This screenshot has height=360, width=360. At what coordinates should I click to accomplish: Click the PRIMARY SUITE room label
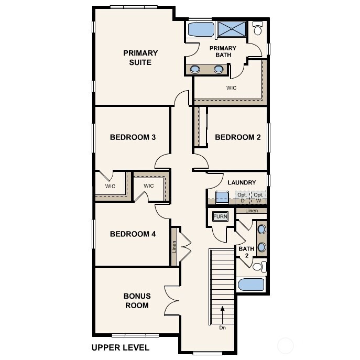coord(140,58)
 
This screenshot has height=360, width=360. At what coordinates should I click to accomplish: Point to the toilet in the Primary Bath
coord(258,29)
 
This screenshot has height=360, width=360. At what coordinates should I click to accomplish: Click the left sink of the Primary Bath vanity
coord(195,69)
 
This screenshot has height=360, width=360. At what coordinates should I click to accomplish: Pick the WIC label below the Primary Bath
coord(231,88)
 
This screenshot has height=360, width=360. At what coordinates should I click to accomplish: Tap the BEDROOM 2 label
coord(238,137)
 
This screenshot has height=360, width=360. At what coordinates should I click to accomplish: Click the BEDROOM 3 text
coord(133,137)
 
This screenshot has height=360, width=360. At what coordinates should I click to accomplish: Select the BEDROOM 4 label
coord(133,234)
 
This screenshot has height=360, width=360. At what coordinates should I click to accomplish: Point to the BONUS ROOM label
coord(136,300)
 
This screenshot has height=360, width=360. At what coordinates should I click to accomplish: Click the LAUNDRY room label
coord(242,182)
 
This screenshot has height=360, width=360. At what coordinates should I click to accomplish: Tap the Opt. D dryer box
coord(242,197)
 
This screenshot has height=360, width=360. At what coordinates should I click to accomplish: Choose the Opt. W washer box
coord(258,197)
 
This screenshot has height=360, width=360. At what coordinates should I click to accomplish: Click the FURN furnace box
coord(219,216)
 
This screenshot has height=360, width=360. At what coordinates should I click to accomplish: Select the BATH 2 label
coord(246,252)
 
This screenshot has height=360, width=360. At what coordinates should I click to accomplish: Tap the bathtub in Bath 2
coord(251,285)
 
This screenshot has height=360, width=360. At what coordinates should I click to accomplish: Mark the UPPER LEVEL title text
coord(120,347)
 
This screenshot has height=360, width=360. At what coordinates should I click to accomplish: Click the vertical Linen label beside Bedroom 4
coord(174,247)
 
